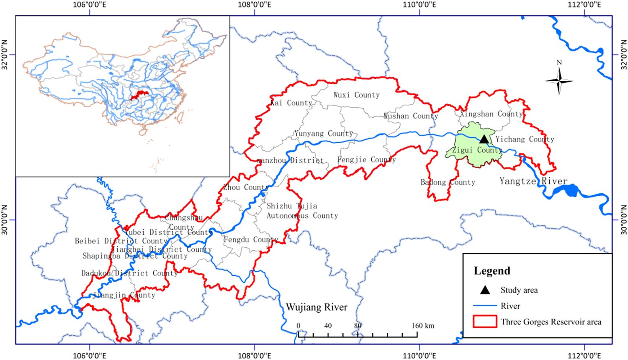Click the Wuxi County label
point(356,95)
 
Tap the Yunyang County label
point(323,134)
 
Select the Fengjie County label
point(366,160)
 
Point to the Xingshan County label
point(492,114)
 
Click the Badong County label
point(448,183)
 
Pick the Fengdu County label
point(251,240)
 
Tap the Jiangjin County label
point(124,295)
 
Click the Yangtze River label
point(533,181)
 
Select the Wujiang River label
point(317,308)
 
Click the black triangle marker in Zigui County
point(484,139)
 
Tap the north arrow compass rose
point(559,80)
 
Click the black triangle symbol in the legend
point(485,290)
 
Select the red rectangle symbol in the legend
point(485,321)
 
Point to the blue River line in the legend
point(485,306)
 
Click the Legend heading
point(492,271)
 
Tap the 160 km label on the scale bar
point(423,326)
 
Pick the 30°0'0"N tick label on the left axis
point(5,220)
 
